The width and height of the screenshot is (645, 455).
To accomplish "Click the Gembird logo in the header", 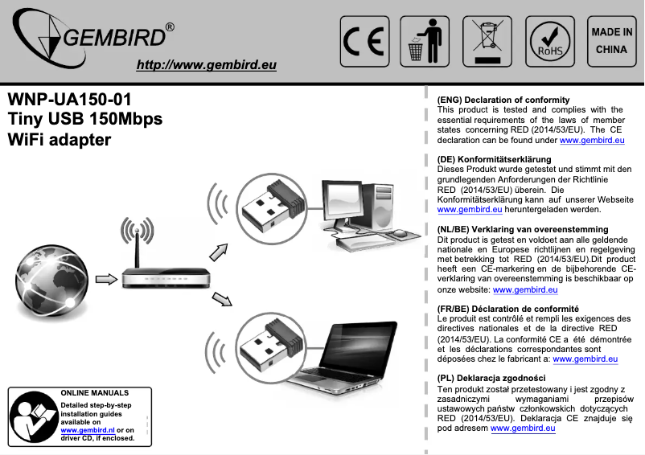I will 92,40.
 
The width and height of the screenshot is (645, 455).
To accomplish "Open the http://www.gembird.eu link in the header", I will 207,65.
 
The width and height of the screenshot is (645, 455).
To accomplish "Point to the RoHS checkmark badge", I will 550,41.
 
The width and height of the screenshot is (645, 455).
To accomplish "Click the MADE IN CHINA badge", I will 611,40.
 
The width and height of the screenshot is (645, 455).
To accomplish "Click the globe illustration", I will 49,278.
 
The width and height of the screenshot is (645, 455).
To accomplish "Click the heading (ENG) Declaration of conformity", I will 503,100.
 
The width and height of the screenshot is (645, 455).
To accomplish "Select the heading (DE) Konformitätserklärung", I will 493,159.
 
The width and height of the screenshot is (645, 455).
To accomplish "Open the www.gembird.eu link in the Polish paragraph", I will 523,428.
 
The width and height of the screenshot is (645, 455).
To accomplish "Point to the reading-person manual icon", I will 33,417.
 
